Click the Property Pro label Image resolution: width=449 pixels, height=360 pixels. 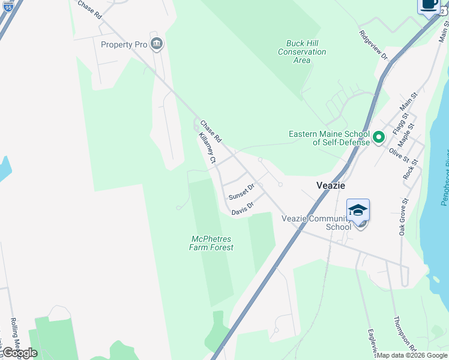tap(125, 44)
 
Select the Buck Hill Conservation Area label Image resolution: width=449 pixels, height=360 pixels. tap(302, 52)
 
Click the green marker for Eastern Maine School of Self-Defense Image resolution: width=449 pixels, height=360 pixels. tap(378, 138)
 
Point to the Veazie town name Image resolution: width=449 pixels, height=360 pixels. tap(331, 185)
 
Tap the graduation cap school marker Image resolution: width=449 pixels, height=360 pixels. tap(358, 211)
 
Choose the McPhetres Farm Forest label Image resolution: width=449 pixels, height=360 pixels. tap(211, 243)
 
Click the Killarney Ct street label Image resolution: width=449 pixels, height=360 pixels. tap(207, 148)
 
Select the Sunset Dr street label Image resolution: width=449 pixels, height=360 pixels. tap(241, 192)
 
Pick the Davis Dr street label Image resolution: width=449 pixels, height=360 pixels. tap(243, 208)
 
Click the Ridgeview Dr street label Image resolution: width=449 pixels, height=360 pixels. tap(374, 46)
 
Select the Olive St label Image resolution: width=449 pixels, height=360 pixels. tap(399, 156)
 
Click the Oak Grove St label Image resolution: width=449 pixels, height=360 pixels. tap(403, 216)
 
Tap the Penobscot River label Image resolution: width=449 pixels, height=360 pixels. tap(444, 178)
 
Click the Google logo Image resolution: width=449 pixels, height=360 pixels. tap(19, 353)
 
